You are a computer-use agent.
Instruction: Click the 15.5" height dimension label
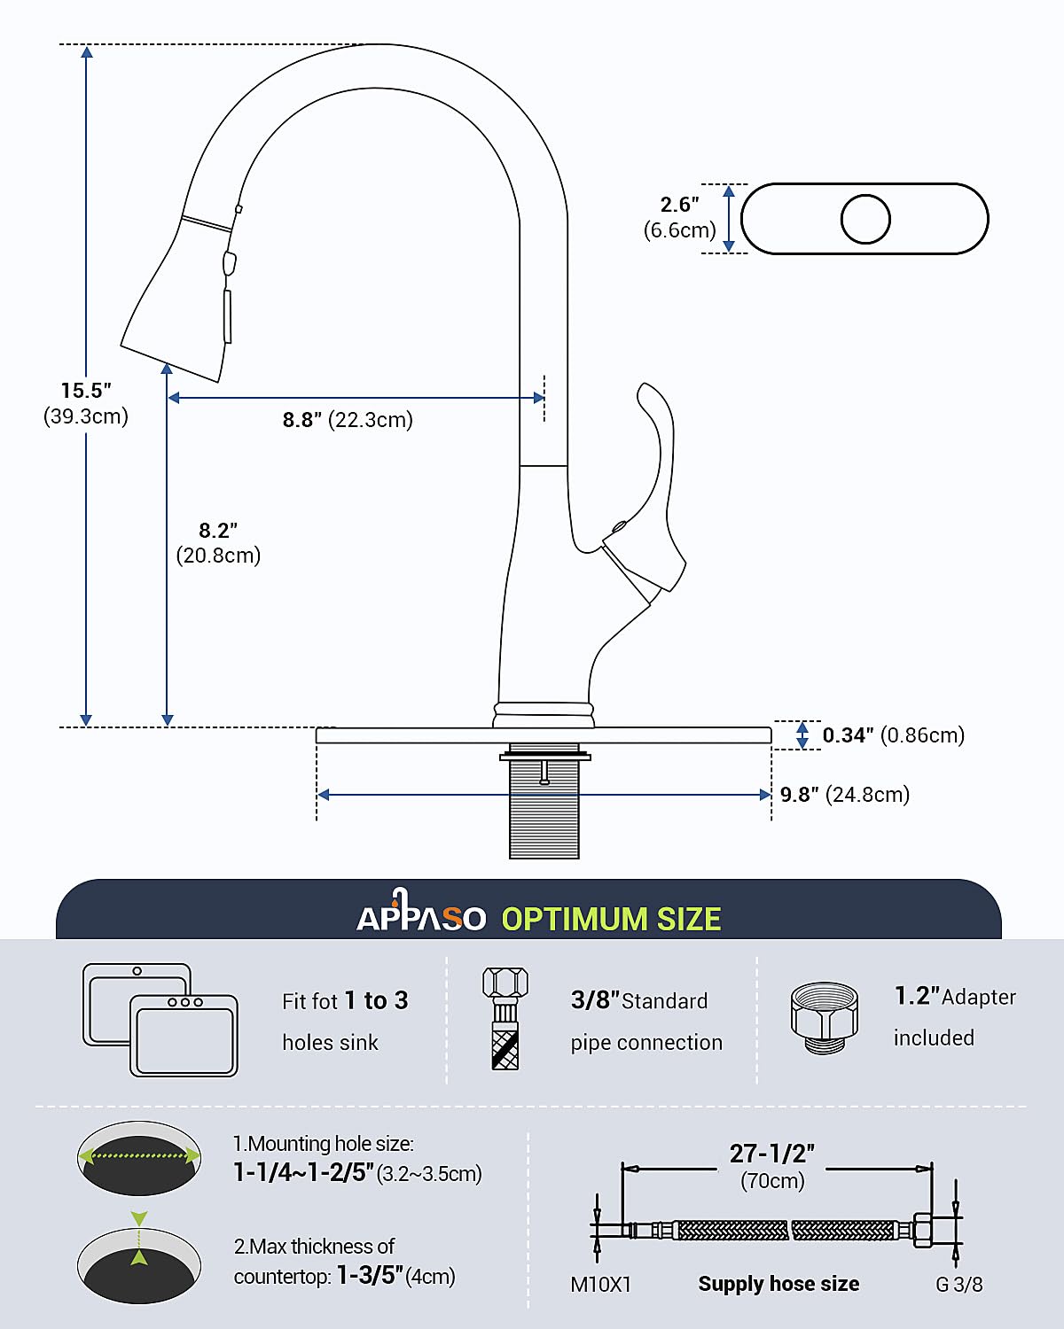(x=86, y=391)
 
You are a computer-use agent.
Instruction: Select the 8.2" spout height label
(x=218, y=531)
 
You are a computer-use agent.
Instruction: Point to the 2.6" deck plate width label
(x=680, y=206)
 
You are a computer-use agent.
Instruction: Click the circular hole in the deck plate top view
(x=865, y=219)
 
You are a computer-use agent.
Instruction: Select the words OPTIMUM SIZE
(x=611, y=920)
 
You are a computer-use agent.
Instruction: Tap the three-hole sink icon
(x=184, y=1035)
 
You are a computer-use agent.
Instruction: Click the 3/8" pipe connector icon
(x=505, y=1019)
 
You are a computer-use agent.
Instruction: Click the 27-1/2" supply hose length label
(x=771, y=1154)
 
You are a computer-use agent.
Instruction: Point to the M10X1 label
(x=600, y=1285)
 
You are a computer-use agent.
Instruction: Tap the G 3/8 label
(x=959, y=1285)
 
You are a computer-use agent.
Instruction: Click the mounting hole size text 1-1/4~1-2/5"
(x=303, y=1173)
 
